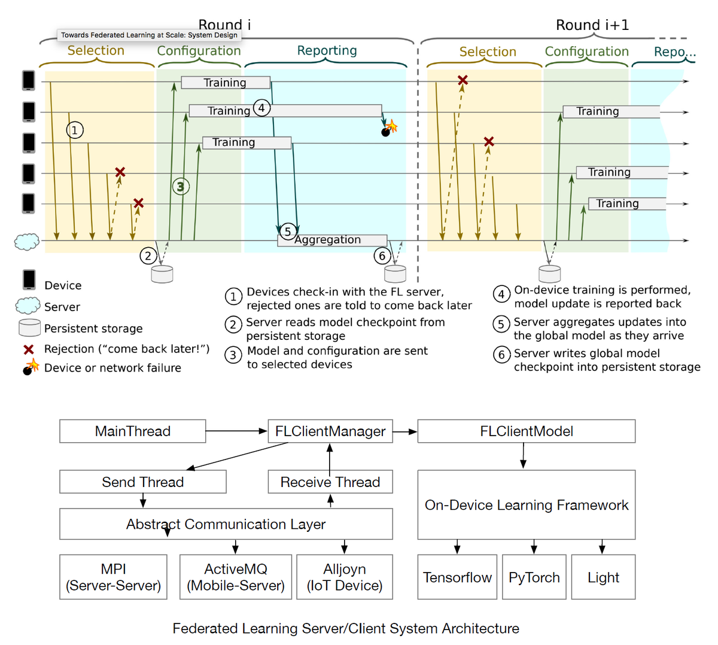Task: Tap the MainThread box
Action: tap(132, 431)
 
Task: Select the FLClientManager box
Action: tap(330, 431)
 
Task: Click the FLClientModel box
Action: tap(526, 431)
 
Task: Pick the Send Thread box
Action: tap(142, 482)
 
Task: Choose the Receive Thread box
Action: tap(330, 482)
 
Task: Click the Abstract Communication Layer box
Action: tap(226, 525)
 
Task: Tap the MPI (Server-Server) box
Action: tap(113, 577)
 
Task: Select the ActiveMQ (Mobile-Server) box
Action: tap(236, 577)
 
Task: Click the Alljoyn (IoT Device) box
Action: tap(345, 577)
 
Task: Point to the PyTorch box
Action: tap(534, 577)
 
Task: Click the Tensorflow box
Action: tap(457, 577)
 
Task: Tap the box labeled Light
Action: tap(603, 577)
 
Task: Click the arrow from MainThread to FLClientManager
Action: tap(236, 431)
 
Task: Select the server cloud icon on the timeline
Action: tap(27, 242)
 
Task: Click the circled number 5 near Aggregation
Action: tap(288, 232)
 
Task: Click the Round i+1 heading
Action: tap(592, 25)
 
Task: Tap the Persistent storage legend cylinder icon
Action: tap(30, 328)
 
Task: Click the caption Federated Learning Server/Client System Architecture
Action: tap(346, 628)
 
